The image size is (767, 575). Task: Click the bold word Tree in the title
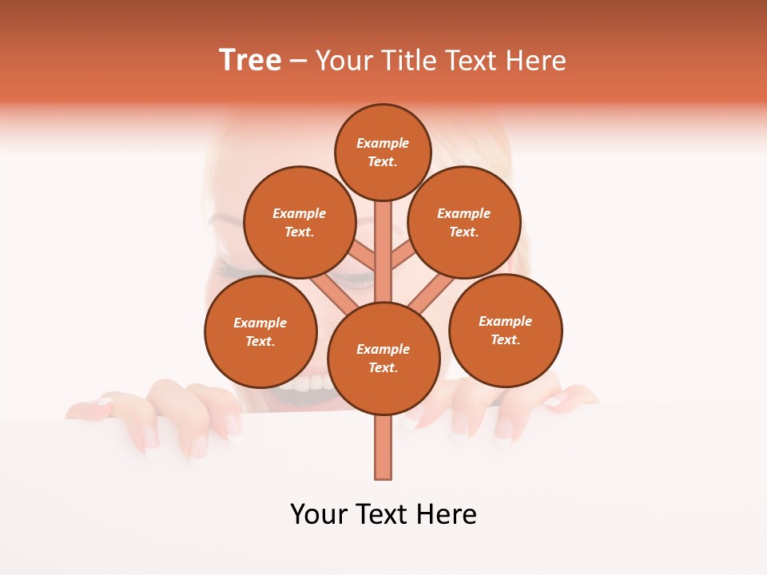point(250,61)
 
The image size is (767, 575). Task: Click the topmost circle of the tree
point(383,152)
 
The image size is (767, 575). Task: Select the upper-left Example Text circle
point(299,222)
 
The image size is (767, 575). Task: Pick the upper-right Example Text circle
point(463,222)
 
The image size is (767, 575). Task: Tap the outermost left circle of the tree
point(260,331)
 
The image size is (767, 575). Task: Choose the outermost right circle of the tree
point(505,330)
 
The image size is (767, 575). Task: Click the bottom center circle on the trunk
point(383,358)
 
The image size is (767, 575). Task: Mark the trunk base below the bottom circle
point(383,447)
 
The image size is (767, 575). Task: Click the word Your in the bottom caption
point(319,514)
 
